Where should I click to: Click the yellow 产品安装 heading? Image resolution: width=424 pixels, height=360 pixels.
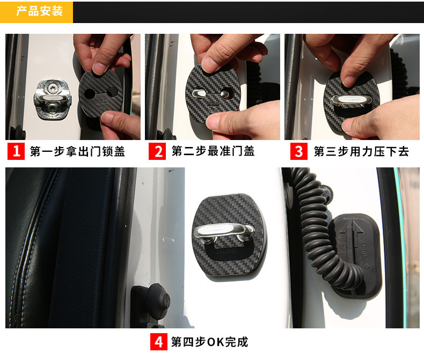pyautogui.click(x=40, y=11)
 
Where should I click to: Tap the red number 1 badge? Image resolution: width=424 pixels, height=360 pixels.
pyautogui.click(x=16, y=151)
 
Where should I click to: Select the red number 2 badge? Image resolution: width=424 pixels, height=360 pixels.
pyautogui.click(x=157, y=151)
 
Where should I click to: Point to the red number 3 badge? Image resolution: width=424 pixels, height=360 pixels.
pyautogui.click(x=299, y=151)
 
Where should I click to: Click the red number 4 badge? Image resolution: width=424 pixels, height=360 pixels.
pyautogui.click(x=159, y=342)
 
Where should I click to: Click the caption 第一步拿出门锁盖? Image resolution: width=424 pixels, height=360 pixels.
pyautogui.click(x=77, y=151)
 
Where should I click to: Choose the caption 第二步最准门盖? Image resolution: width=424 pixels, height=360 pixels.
pyautogui.click(x=213, y=151)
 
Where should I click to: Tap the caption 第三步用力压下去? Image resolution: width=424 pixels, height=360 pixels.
pyautogui.click(x=361, y=151)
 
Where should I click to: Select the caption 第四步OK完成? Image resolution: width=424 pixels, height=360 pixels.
pyautogui.click(x=210, y=342)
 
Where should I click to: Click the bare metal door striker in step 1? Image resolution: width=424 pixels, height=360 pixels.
pyautogui.click(x=53, y=99)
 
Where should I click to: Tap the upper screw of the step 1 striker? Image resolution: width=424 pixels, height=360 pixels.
pyautogui.click(x=52, y=87)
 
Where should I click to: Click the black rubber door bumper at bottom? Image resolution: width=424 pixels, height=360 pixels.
pyautogui.click(x=151, y=303)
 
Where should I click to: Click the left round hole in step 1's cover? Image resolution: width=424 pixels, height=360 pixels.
pyautogui.click(x=89, y=94)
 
